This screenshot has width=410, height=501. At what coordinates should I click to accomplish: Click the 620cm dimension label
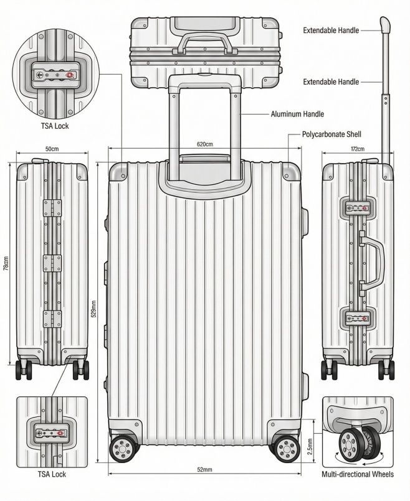(x=205, y=144)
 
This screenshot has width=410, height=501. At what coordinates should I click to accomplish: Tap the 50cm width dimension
(x=52, y=149)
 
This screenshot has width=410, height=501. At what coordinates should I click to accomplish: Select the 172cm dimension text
(x=357, y=149)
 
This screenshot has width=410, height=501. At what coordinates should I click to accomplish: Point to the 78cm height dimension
(x=6, y=264)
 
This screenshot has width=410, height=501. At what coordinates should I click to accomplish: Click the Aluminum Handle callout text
(x=297, y=115)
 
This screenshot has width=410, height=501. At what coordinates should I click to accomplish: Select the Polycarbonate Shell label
(x=331, y=134)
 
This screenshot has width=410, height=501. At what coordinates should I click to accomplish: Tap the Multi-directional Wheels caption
(x=358, y=475)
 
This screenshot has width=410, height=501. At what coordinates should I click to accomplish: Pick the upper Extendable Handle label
(x=331, y=30)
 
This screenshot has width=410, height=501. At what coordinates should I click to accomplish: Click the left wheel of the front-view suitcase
(x=123, y=447)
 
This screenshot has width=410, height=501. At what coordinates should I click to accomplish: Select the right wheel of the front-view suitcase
(x=285, y=447)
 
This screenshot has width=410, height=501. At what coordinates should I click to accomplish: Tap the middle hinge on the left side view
(x=52, y=263)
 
